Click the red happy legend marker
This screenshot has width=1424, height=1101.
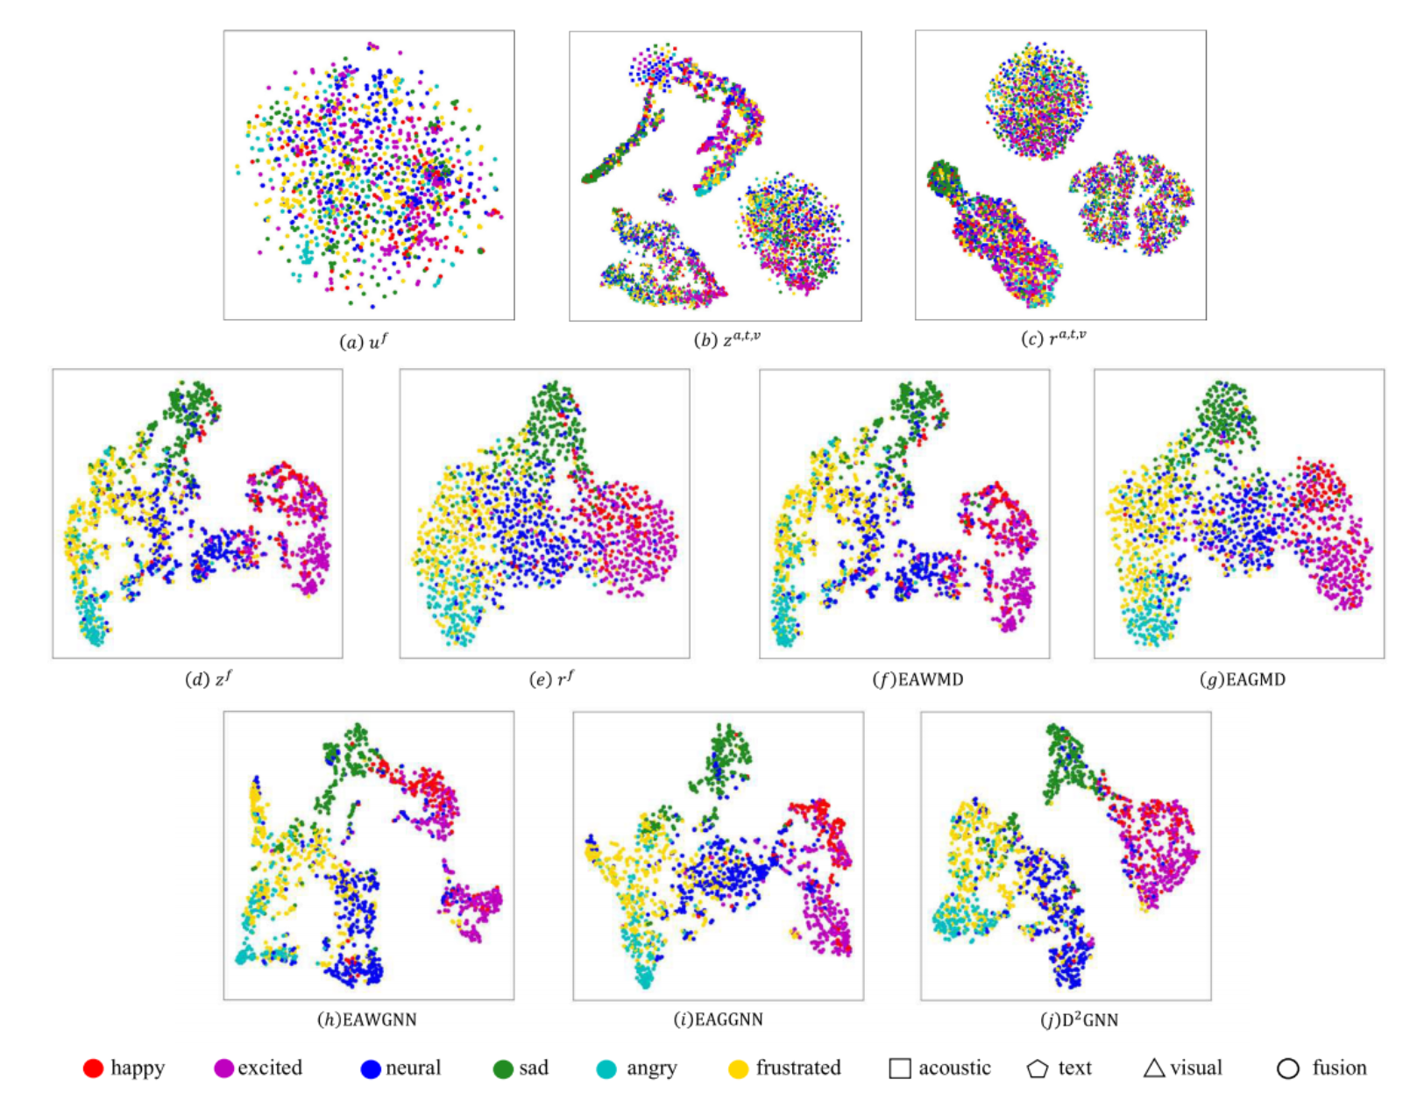(93, 1068)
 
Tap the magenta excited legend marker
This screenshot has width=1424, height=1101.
(223, 1068)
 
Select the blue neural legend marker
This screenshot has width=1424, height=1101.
(371, 1069)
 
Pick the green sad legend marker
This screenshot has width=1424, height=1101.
(503, 1069)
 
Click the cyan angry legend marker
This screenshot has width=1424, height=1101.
(606, 1069)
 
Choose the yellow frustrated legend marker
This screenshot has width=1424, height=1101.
(739, 1069)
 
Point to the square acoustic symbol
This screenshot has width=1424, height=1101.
(899, 1068)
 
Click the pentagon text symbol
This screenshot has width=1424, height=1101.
(1038, 1069)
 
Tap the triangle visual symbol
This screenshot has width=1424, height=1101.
(1154, 1068)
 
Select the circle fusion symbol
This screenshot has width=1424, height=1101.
(1287, 1069)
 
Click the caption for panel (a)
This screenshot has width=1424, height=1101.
(364, 341)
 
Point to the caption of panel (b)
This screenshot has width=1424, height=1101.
(726, 338)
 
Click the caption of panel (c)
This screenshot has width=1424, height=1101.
(1053, 337)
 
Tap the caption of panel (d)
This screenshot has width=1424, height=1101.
(209, 678)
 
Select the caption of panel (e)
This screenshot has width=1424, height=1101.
(552, 678)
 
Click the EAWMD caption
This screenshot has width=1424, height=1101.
(917, 679)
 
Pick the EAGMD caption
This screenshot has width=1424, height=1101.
(1242, 679)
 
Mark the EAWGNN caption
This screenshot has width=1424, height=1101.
(366, 1019)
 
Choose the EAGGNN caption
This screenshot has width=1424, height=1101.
(718, 1019)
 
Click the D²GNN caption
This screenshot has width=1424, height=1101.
(1079, 1019)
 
